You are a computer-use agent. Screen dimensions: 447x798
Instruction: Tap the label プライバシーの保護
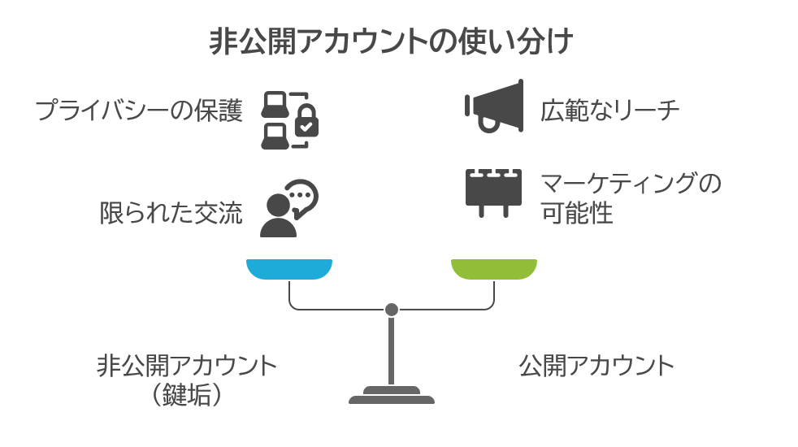point(139,111)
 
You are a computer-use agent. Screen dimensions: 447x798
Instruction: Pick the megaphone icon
point(494,106)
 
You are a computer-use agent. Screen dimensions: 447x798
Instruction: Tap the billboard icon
point(492,192)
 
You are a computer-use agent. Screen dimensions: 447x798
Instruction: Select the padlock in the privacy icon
point(307,122)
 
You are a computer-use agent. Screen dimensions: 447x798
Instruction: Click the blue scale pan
point(289,269)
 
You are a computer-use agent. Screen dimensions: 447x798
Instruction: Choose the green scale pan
point(494,269)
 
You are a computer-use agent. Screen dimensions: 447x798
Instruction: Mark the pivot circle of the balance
point(392,310)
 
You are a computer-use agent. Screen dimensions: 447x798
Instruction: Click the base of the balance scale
point(392,397)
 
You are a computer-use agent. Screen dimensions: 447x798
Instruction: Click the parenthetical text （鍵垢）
point(187,394)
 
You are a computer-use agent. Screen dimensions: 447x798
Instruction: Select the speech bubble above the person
point(301,196)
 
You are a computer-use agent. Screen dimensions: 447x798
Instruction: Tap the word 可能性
point(577,215)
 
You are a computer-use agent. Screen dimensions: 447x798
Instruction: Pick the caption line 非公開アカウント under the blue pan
point(187,366)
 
